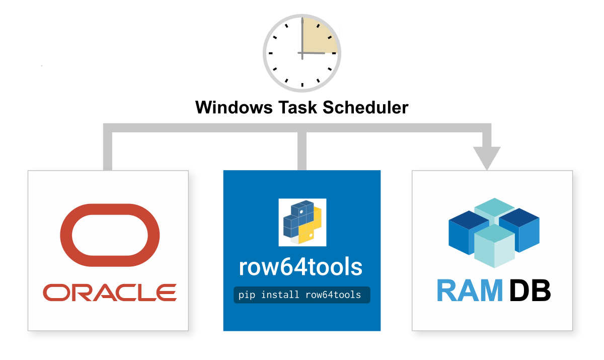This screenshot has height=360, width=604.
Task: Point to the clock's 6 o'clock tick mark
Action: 302,85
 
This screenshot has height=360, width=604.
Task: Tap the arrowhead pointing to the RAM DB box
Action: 486,157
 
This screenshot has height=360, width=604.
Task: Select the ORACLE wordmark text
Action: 110,292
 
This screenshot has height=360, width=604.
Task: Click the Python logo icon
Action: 302,222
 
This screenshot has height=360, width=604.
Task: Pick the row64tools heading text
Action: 301,267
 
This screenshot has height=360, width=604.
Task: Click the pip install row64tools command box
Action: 301,295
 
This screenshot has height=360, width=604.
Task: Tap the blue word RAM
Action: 469,291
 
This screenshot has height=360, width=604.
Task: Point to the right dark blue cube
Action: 520,229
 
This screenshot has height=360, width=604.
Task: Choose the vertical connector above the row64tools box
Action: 302,150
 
